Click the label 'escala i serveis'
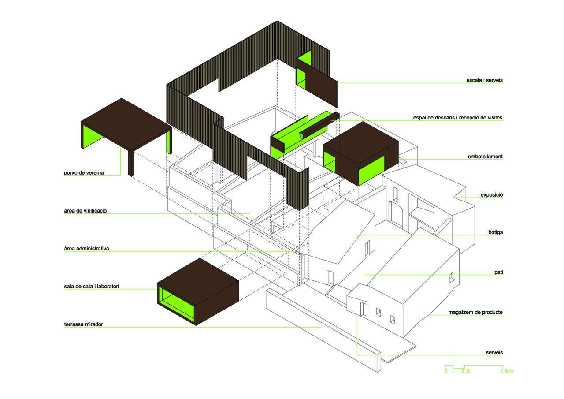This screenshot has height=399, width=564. [484, 81]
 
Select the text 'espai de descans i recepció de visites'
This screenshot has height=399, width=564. [458, 118]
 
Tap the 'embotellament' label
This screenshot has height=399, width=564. [485, 157]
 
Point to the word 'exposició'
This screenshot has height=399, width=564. [492, 194]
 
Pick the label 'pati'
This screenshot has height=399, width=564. [498, 272]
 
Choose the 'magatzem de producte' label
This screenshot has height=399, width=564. [475, 312]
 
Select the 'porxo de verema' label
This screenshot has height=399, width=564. [84, 172]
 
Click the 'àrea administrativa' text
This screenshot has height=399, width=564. [86, 249]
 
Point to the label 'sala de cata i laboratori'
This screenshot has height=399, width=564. [92, 287]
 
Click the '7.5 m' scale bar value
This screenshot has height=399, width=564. [506, 372]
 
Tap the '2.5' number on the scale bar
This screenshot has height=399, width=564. [465, 372]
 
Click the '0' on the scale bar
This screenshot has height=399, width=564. [446, 372]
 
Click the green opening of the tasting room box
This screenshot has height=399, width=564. [176, 303]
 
